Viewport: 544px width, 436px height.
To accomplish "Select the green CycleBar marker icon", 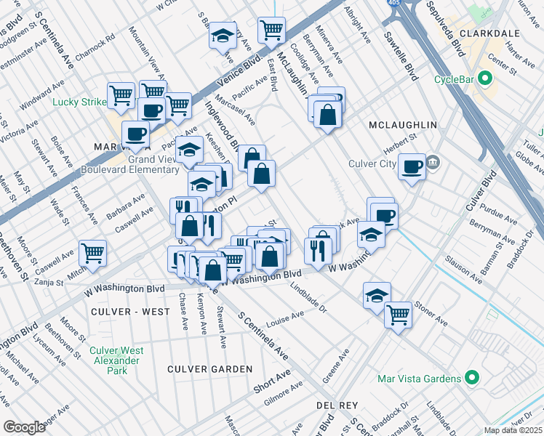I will [x=481, y=80].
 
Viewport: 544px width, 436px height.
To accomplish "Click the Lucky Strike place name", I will [x=79, y=102].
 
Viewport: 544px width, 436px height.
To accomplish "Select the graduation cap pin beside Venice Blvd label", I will [x=223, y=36].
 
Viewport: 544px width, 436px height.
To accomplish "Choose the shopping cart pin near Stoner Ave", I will [x=398, y=315].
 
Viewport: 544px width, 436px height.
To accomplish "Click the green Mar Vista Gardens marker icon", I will [x=471, y=379].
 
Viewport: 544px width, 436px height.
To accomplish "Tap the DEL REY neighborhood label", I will [x=335, y=403].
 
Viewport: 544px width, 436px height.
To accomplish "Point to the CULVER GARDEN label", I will [x=210, y=369].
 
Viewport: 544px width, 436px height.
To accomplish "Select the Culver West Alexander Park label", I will [x=109, y=360].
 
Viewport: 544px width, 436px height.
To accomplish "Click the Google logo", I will [x=25, y=427].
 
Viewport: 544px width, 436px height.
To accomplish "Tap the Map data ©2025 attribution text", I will [x=512, y=430].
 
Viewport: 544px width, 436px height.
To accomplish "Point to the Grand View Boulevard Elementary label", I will [x=134, y=164].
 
